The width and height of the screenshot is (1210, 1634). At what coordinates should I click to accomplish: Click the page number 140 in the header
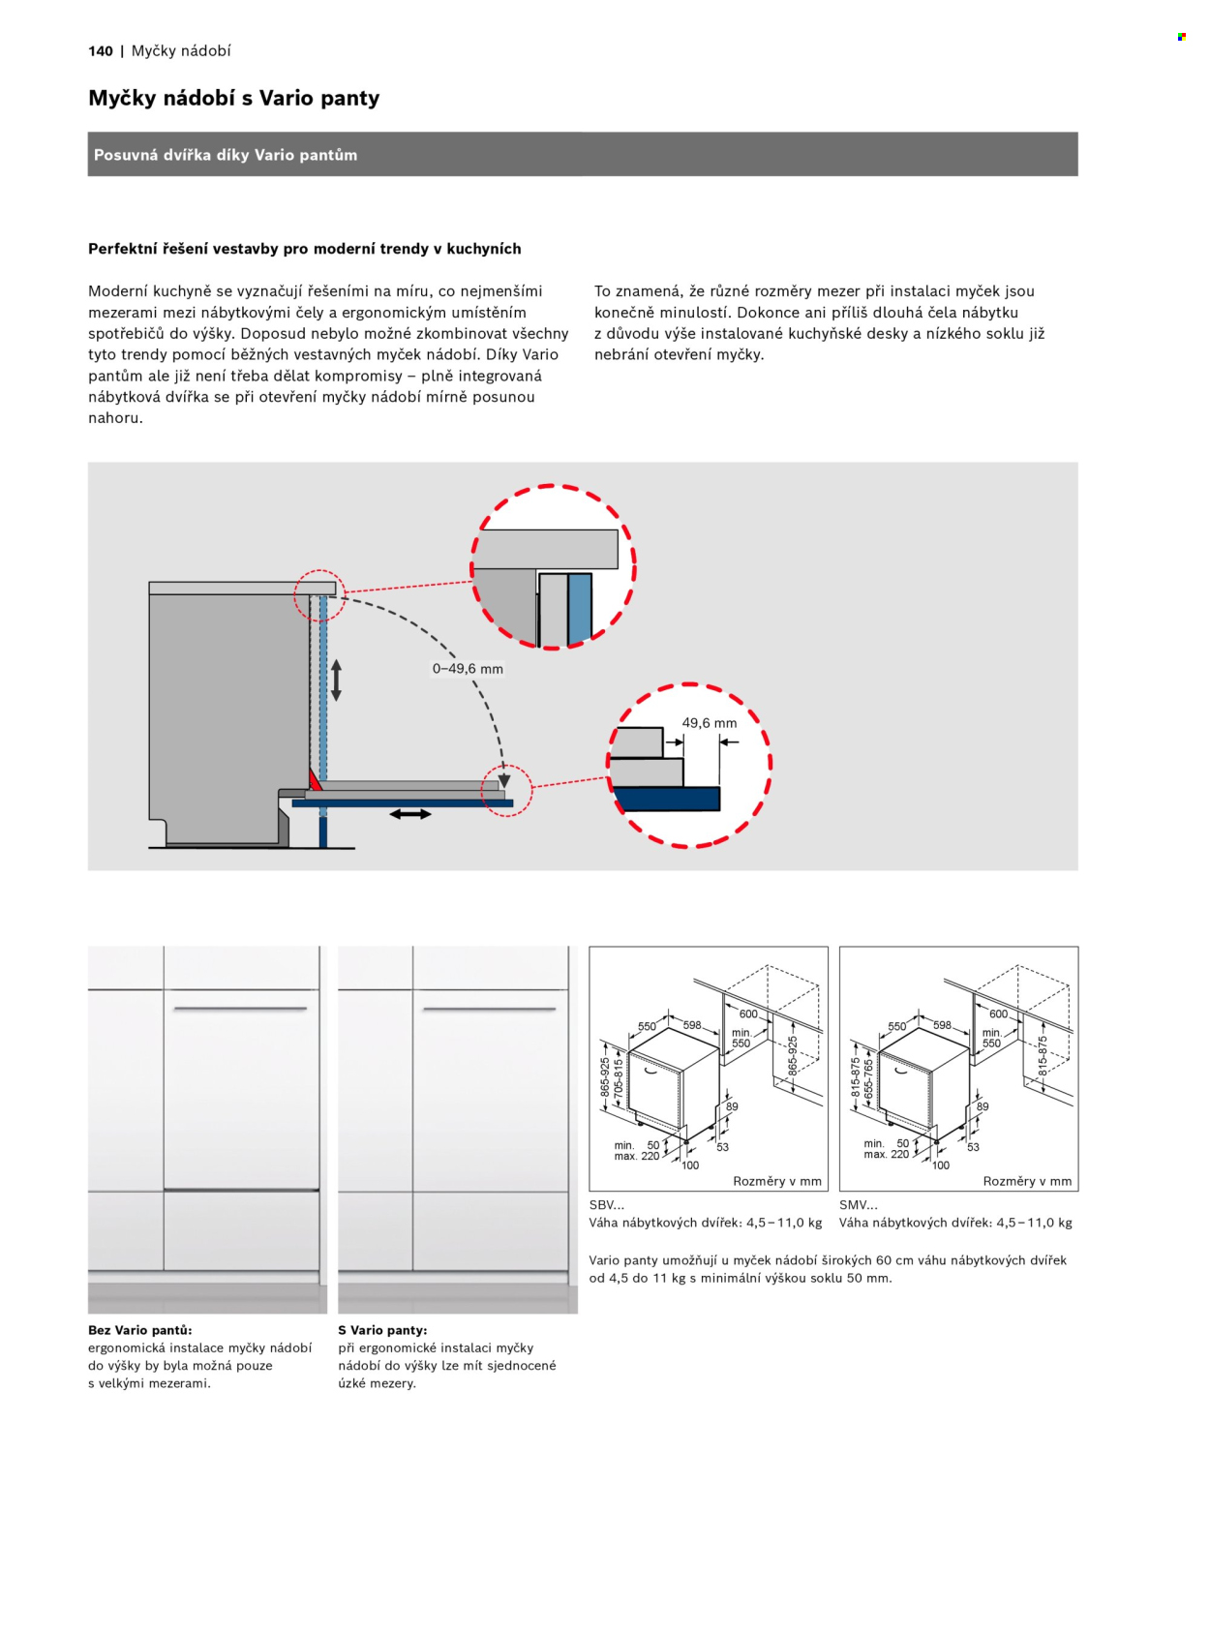(101, 51)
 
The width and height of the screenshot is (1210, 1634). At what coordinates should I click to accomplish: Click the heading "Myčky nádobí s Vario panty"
(233, 98)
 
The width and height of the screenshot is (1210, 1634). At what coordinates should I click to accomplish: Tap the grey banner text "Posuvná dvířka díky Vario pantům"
(226, 155)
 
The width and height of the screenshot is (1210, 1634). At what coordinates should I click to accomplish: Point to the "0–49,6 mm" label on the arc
(468, 669)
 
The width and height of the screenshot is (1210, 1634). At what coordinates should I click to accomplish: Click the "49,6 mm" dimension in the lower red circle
(709, 723)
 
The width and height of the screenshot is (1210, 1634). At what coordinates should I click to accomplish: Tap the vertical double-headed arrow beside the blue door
(336, 680)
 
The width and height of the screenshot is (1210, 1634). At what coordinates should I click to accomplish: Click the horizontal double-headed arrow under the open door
(410, 814)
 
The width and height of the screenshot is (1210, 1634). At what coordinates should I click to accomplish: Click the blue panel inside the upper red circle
(580, 609)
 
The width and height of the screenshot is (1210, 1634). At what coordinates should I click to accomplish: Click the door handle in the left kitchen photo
(240, 1008)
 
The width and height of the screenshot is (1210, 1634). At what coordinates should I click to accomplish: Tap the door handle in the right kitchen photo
(489, 1009)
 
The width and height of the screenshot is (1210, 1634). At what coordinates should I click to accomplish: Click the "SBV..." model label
(607, 1205)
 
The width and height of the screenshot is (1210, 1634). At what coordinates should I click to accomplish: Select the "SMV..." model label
(859, 1205)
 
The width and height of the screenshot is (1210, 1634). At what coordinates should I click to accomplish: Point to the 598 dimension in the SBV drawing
(692, 1025)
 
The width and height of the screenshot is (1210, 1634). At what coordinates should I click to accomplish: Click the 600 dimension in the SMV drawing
(999, 1014)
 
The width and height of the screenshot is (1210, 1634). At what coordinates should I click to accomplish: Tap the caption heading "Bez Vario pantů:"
(140, 1330)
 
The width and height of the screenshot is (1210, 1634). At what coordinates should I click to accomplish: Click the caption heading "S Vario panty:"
(382, 1330)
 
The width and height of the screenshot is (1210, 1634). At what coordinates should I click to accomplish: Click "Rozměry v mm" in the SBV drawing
(777, 1181)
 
